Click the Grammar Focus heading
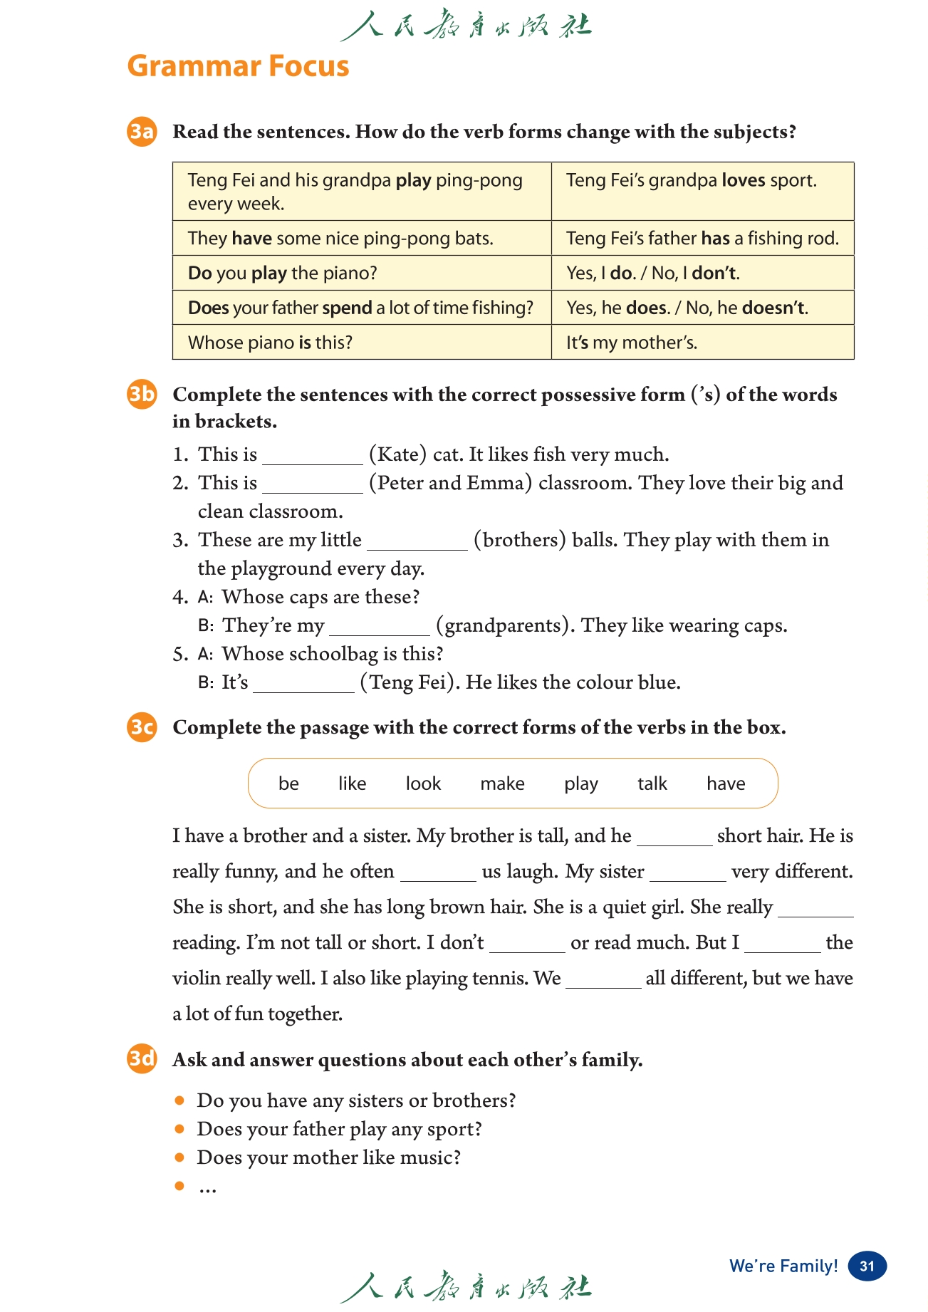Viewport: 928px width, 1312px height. tap(238, 66)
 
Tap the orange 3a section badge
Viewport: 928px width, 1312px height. tap(142, 132)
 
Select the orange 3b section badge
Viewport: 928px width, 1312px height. tap(142, 394)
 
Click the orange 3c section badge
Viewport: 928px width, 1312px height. tap(142, 727)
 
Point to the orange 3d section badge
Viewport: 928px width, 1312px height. tap(142, 1059)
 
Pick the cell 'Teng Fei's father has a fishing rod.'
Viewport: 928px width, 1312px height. tap(702, 238)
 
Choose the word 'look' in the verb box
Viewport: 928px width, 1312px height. tap(423, 783)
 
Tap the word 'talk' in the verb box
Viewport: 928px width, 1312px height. tap(652, 783)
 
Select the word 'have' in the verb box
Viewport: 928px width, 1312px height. tap(726, 783)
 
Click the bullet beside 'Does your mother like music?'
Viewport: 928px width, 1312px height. tap(179, 1157)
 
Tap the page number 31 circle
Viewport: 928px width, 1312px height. tap(867, 1266)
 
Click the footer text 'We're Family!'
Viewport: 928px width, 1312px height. tap(783, 1266)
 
